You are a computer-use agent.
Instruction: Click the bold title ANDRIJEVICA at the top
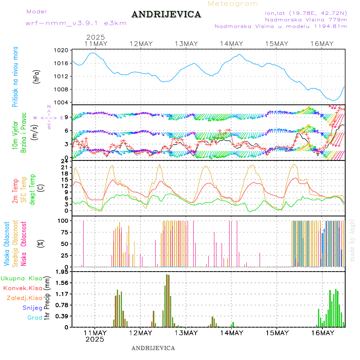point(166,15)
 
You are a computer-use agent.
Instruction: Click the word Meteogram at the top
point(233,4)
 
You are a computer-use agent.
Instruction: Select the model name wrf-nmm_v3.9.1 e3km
point(76,23)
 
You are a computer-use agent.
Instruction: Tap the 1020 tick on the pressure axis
point(62,50)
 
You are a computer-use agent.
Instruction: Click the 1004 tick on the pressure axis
point(62,102)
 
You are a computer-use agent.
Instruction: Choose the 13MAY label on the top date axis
point(186,44)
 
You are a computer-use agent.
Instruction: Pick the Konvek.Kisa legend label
point(22,288)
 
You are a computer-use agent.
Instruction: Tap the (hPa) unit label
point(36,76)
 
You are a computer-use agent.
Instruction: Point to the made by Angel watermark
point(352,240)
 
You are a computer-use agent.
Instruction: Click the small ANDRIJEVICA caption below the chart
point(153,348)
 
